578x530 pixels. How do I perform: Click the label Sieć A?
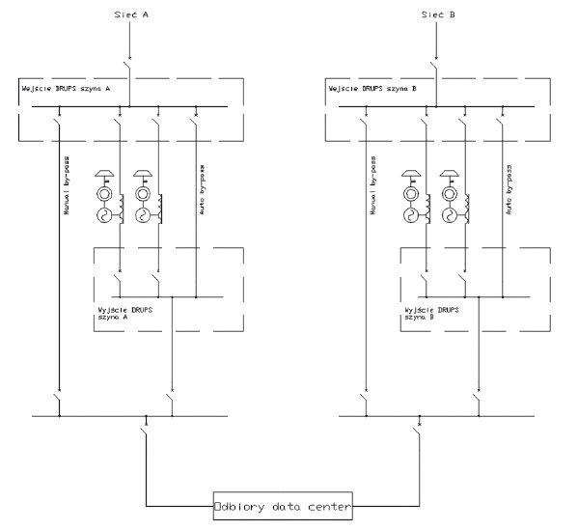(x=131, y=14)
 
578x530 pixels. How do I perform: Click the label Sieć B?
(x=438, y=14)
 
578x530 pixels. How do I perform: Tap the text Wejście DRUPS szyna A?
(x=66, y=89)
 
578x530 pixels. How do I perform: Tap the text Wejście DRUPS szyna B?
(x=372, y=89)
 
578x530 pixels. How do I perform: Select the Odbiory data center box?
(x=283, y=506)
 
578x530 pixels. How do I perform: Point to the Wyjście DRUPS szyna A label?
(x=125, y=313)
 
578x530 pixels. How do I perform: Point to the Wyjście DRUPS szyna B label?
(x=431, y=313)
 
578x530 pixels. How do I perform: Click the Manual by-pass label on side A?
(x=67, y=185)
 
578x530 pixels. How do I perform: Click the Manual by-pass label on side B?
(x=373, y=185)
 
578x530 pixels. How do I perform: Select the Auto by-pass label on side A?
(x=202, y=190)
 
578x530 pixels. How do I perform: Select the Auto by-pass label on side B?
(x=509, y=190)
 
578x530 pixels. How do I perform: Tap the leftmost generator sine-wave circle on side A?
(x=104, y=215)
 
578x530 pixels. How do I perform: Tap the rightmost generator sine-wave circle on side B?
(x=449, y=215)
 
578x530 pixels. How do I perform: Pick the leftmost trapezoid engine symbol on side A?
(x=104, y=173)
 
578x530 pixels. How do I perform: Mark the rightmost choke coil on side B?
(x=467, y=209)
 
